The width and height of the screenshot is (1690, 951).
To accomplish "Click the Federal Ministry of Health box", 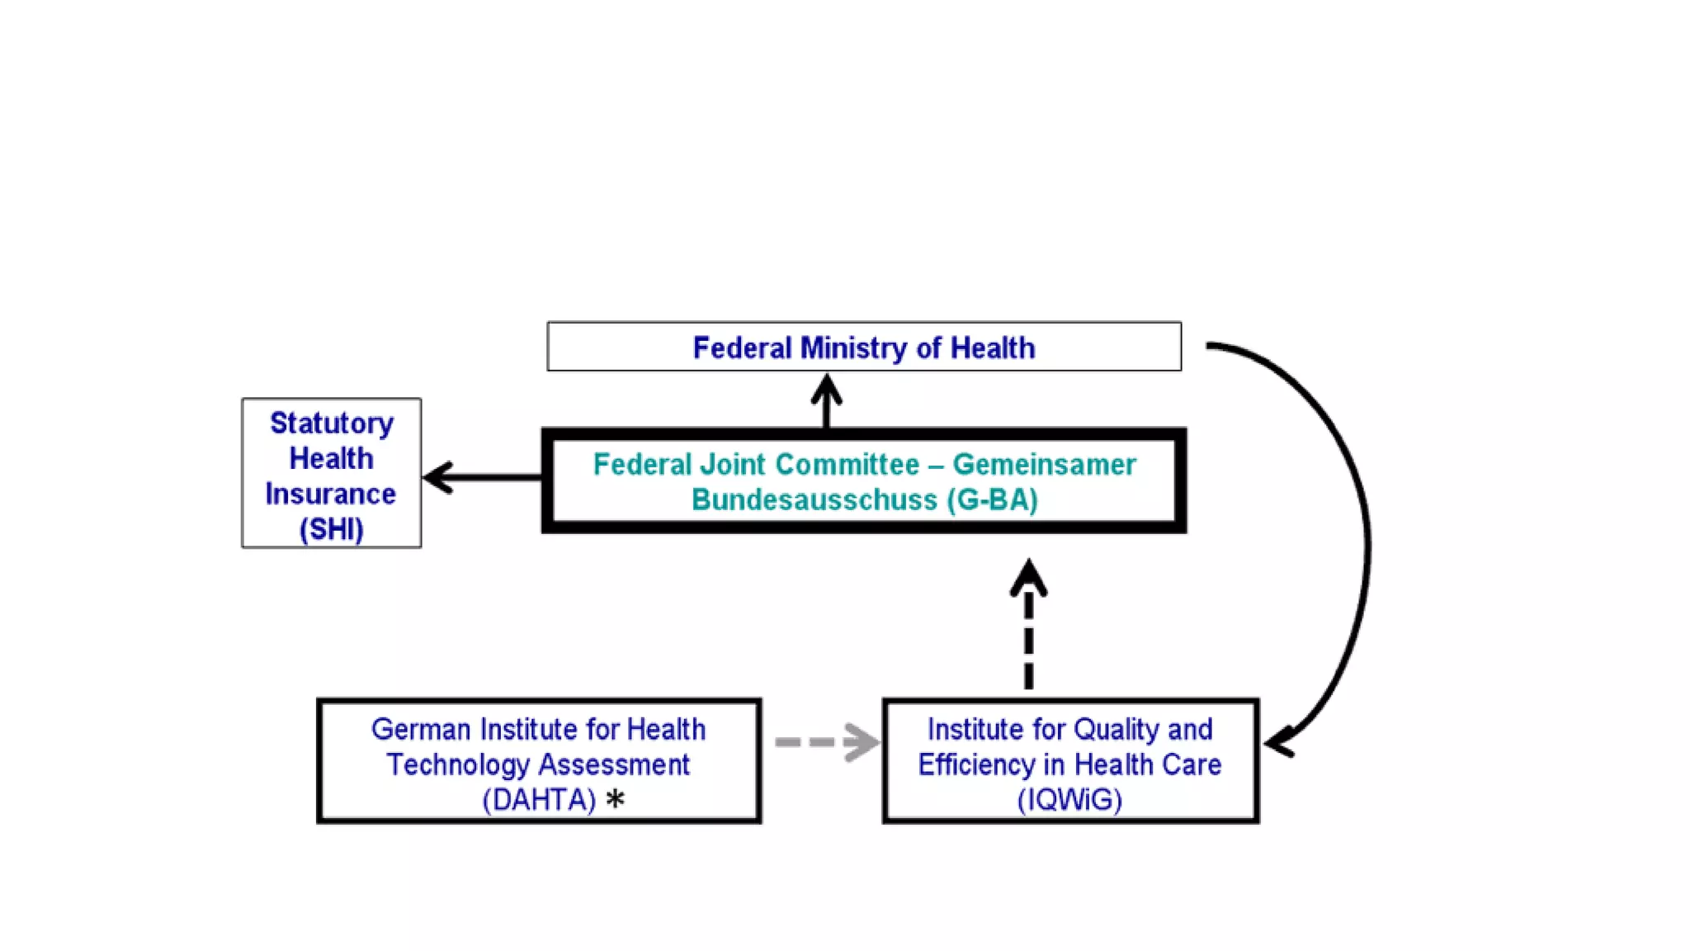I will [863, 347].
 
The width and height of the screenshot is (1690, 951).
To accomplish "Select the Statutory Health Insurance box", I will [331, 473].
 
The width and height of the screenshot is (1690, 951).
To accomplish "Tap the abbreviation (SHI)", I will [331, 529].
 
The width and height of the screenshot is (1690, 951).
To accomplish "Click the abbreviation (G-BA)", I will [992, 500].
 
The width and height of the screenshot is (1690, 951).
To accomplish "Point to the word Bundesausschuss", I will [814, 500].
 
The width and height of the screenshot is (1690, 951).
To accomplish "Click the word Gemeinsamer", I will [1044, 465].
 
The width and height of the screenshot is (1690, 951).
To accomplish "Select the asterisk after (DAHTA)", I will [615, 799].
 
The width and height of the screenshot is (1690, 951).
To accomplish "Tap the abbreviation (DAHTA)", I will [538, 800].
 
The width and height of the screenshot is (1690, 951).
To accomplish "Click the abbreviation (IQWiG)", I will [1069, 800].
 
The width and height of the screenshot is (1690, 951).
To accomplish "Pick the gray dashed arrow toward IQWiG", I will [825, 741].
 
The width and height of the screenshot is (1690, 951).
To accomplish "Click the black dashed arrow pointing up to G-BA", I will [1028, 627].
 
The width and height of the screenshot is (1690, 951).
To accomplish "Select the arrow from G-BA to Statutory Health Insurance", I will [483, 477].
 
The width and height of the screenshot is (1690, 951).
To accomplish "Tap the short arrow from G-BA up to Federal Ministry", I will [826, 401].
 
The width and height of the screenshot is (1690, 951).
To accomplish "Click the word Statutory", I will [332, 423].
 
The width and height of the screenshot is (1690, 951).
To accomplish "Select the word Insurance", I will [330, 494].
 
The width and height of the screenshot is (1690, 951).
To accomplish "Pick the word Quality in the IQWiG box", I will [1116, 730].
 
